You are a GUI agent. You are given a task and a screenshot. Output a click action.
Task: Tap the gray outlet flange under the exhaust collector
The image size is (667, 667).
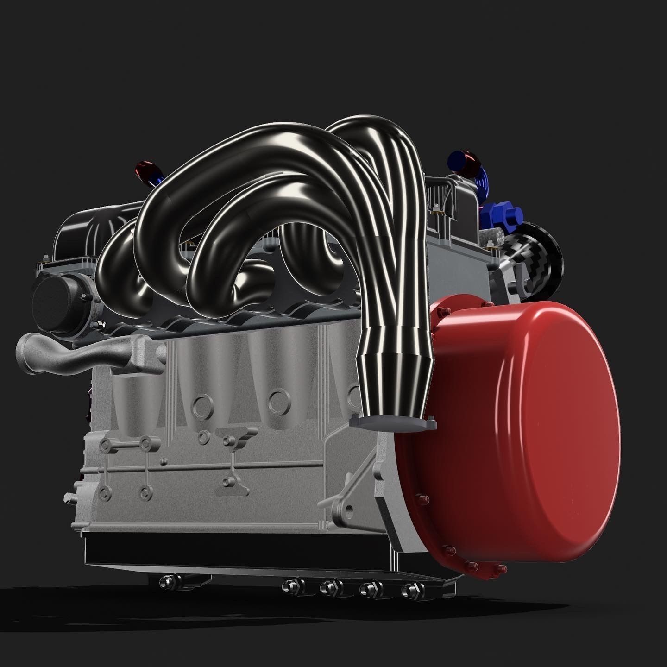(394, 422)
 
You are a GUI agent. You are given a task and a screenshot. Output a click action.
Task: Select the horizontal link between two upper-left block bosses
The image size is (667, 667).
(125, 445)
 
